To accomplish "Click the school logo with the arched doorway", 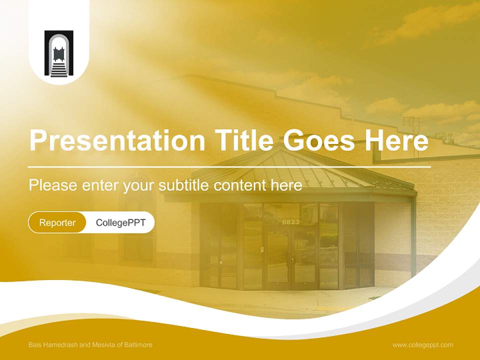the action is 59,53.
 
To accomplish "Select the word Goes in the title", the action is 318,140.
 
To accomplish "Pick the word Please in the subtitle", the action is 53,185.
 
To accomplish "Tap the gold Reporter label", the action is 57,222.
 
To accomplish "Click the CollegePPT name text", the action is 120,222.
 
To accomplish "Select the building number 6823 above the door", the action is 290,221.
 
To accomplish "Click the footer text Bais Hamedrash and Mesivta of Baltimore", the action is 90,344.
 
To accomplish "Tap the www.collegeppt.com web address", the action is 422,345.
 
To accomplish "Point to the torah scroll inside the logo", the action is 58,54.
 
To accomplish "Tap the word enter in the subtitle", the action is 100,185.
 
